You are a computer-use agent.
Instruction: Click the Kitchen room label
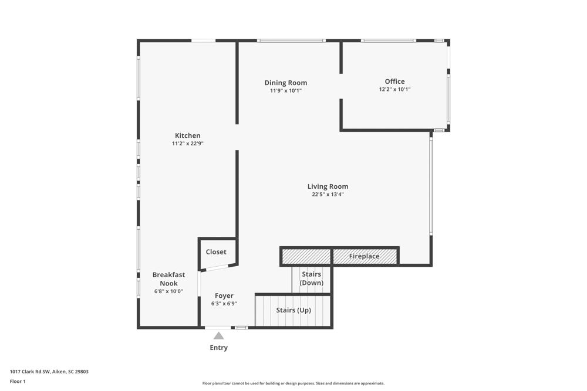pos(188,135)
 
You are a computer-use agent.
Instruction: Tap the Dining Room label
pos(286,83)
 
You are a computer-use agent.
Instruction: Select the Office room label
pos(394,81)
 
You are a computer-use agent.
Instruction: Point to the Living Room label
pos(328,186)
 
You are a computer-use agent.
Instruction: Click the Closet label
pos(216,252)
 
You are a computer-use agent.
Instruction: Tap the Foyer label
pos(224,295)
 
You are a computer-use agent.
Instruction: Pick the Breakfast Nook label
pos(168,279)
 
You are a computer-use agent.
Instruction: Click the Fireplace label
pos(365,256)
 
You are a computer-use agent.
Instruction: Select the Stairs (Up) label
pos(293,310)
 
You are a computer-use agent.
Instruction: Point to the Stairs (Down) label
pos(312,278)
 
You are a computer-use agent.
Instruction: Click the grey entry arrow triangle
pos(218,336)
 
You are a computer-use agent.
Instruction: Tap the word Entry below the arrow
pos(218,348)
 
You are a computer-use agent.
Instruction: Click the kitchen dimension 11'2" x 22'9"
pos(188,144)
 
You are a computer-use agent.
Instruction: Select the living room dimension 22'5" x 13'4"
pos(328,195)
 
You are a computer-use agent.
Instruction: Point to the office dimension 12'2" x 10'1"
pos(394,89)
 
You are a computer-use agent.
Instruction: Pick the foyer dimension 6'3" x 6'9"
pos(224,304)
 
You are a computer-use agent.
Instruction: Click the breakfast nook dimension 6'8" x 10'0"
pos(168,291)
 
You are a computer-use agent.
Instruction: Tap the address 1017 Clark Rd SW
pos(30,372)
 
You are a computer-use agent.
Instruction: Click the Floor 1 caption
pos(18,381)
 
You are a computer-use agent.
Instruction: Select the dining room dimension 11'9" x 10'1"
pos(286,91)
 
